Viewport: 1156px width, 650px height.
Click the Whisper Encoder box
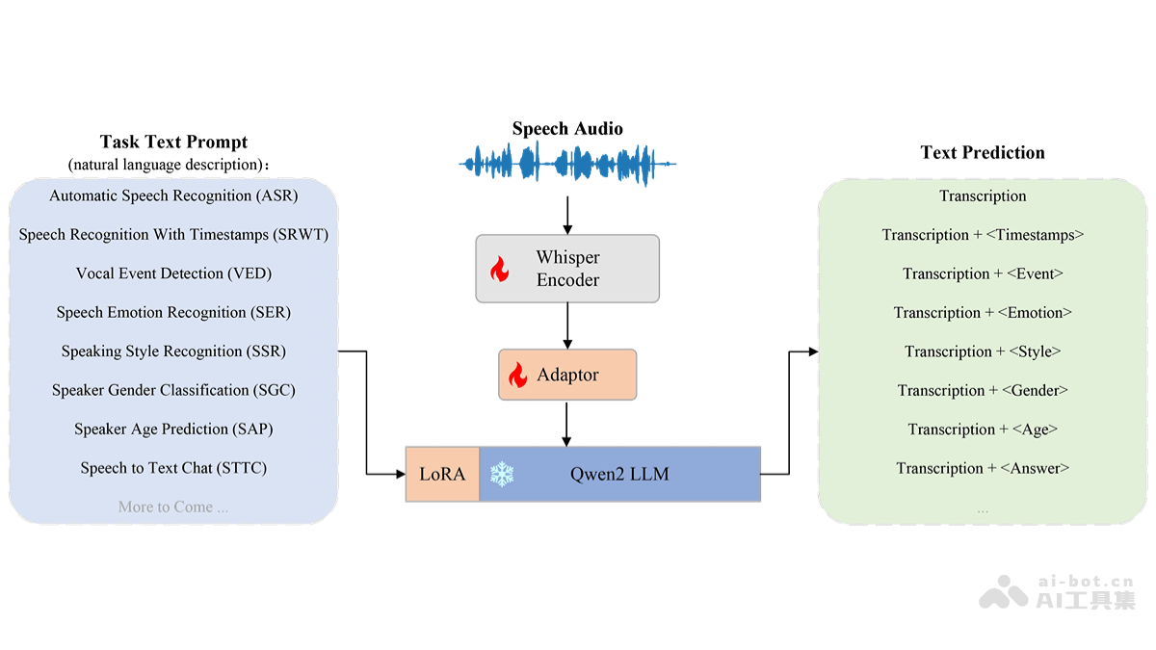(x=567, y=269)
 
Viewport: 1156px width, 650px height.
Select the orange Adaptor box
(x=567, y=375)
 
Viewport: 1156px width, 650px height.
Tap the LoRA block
(x=442, y=474)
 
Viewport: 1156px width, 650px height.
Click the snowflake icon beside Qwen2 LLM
(x=502, y=474)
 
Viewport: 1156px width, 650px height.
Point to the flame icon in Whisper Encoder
(x=499, y=270)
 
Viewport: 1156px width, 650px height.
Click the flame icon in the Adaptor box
(x=518, y=375)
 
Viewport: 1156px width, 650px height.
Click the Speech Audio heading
(x=567, y=129)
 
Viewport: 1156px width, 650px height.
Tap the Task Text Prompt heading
(x=173, y=143)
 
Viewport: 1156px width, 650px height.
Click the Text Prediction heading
(x=982, y=152)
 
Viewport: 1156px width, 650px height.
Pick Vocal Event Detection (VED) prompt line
(x=173, y=273)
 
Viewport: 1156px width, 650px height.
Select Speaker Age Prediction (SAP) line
(x=173, y=429)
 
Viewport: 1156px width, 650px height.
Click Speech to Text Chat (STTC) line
(x=173, y=468)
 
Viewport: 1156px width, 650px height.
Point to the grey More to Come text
(x=173, y=507)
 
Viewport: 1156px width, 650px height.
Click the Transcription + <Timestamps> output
(x=983, y=235)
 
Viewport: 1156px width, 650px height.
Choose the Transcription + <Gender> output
(x=983, y=391)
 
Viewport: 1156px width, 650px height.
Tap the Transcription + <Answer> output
(x=983, y=469)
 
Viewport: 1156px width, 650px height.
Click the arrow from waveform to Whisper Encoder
(x=567, y=214)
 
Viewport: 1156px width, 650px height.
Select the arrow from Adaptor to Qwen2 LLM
(x=567, y=424)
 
